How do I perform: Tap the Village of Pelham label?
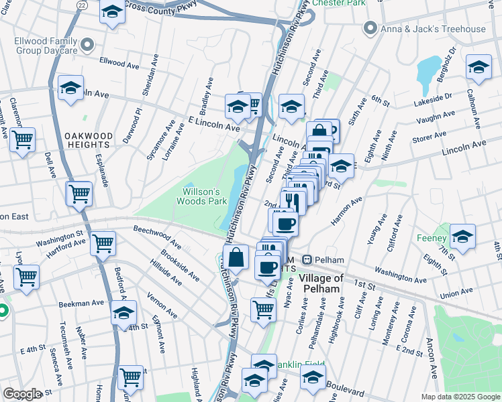click(321, 283)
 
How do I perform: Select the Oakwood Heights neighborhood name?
click(88, 139)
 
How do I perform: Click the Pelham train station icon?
click(307, 260)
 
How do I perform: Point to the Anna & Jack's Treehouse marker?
click(368, 29)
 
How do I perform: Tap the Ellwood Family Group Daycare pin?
click(86, 45)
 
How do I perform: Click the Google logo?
click(22, 394)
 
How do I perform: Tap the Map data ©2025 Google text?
click(460, 397)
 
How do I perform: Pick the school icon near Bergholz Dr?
click(479, 68)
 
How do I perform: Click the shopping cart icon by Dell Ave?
click(22, 140)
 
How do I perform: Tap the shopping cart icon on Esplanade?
click(79, 194)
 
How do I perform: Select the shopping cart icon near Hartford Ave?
click(103, 243)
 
